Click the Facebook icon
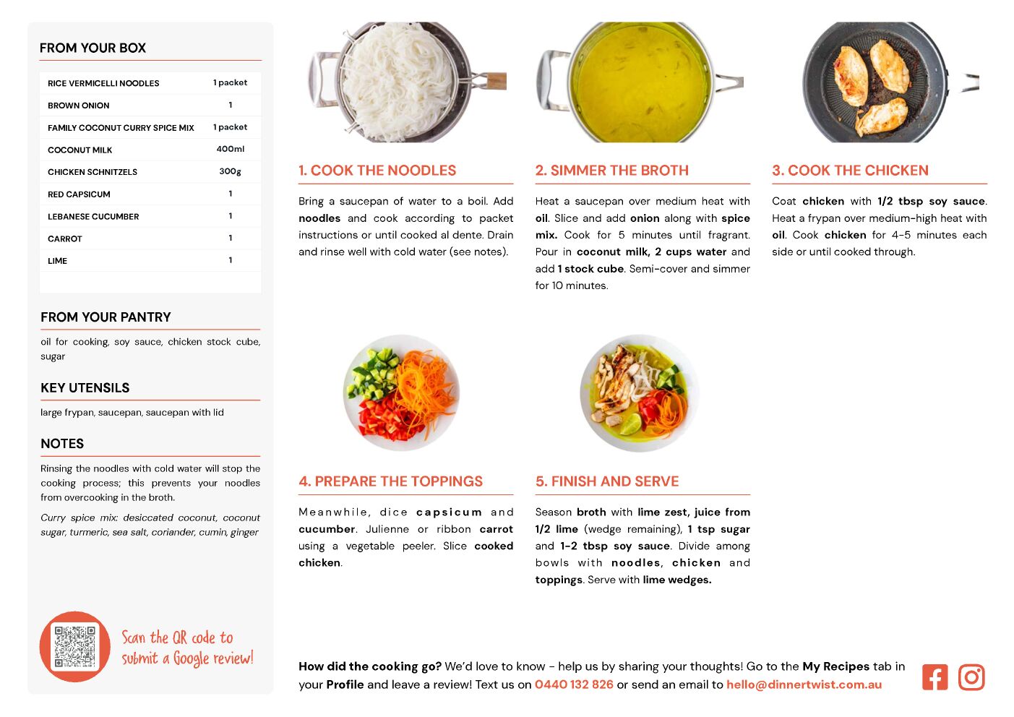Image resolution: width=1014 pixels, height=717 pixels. tap(934, 677)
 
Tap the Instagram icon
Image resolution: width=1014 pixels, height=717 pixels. tap(971, 677)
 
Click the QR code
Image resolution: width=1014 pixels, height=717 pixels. tap(74, 647)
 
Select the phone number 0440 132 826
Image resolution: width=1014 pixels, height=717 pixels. tap(574, 684)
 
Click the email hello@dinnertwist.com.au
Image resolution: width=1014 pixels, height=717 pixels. tap(804, 684)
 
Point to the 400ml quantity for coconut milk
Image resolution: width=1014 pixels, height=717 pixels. tap(230, 149)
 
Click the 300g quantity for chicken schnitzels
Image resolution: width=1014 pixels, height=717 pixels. tap(230, 171)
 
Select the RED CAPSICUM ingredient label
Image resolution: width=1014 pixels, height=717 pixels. tap(79, 194)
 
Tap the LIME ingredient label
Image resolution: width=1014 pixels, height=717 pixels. tap(58, 261)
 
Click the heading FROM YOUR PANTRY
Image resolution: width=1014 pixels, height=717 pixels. tap(106, 317)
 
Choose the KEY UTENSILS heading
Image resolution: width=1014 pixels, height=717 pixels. tap(85, 388)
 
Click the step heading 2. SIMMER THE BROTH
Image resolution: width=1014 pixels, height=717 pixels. tap(611, 170)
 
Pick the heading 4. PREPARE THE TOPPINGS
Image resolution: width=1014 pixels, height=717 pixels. tap(390, 481)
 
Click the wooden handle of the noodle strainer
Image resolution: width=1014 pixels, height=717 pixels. tap(496, 81)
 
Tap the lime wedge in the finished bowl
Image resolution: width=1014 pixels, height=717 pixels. tap(630, 424)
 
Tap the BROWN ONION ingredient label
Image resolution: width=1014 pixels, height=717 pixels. tap(78, 106)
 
